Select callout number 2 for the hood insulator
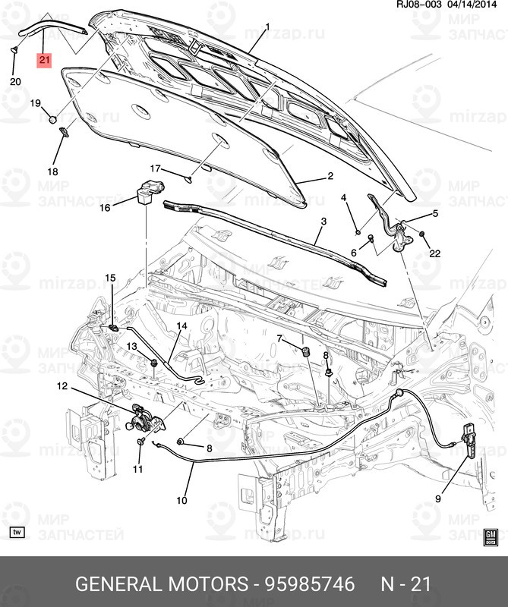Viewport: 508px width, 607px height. click(x=330, y=176)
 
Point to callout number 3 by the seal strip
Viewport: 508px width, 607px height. click(x=323, y=222)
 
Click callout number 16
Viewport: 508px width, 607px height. click(x=105, y=207)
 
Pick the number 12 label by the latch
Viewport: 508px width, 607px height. click(x=62, y=387)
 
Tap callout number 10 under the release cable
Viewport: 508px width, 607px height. click(x=181, y=500)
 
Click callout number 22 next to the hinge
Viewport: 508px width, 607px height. click(x=434, y=253)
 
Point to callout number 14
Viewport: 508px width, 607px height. click(x=181, y=326)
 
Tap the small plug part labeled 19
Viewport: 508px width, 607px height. click(x=52, y=119)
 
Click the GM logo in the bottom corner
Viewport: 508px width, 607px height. click(x=490, y=537)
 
